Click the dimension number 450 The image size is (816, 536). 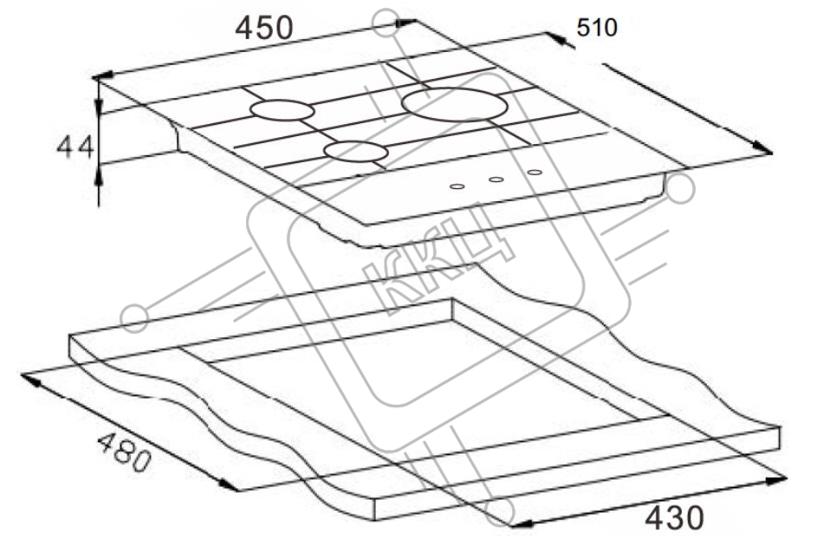pyautogui.click(x=264, y=28)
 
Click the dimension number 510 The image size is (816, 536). pyautogui.click(x=597, y=28)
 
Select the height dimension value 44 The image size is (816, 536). pyautogui.click(x=75, y=147)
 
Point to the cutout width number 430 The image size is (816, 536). pyautogui.click(x=675, y=517)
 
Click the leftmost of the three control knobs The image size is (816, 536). pyautogui.click(x=457, y=186)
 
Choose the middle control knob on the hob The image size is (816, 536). pyautogui.click(x=496, y=180)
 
